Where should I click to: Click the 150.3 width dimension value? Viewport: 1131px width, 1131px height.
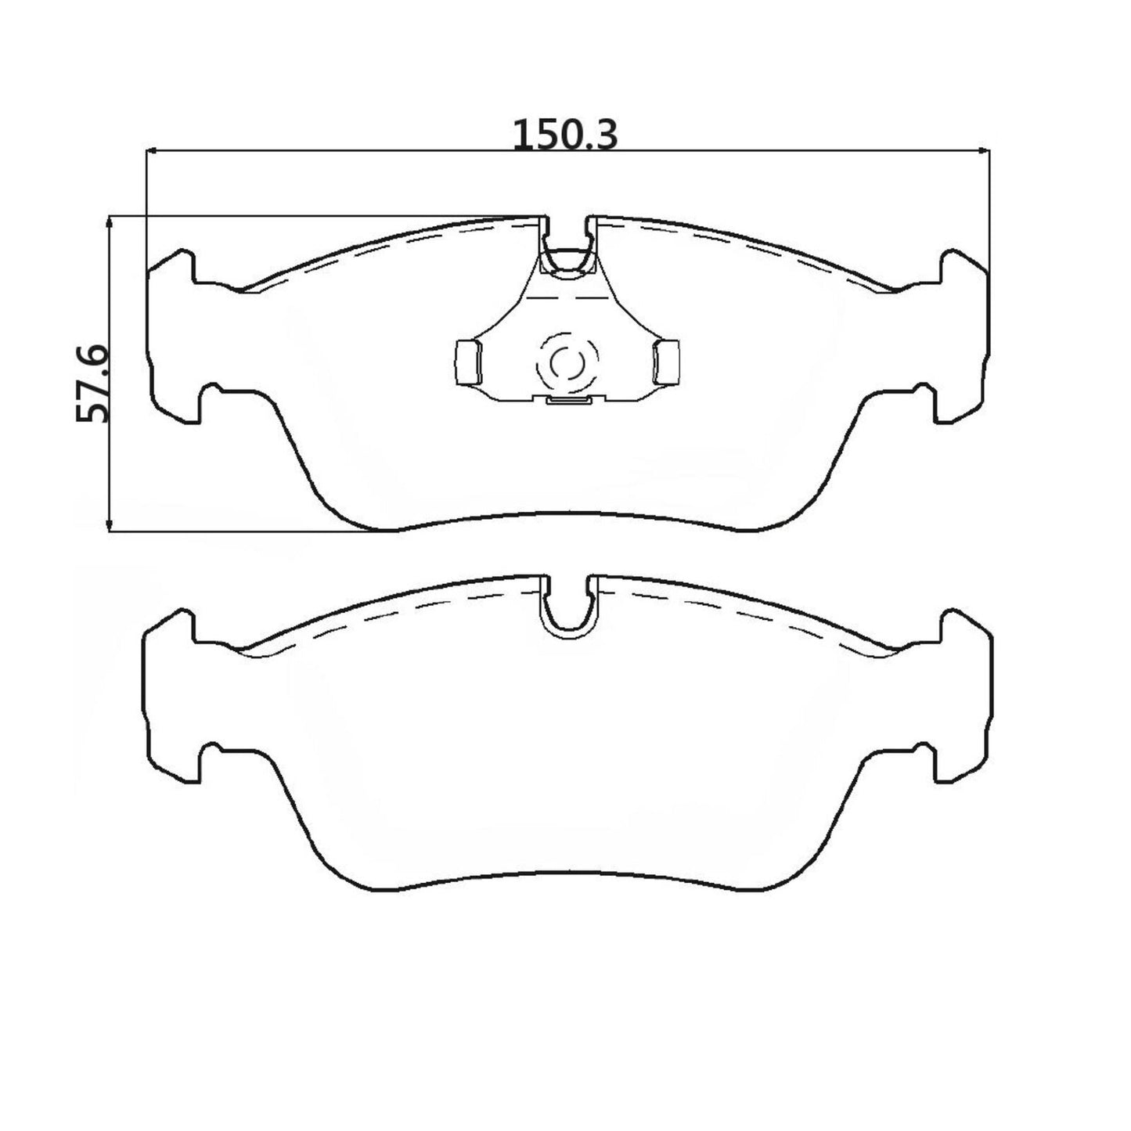coord(565,135)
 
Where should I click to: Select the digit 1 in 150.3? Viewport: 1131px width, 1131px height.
coord(522,135)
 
